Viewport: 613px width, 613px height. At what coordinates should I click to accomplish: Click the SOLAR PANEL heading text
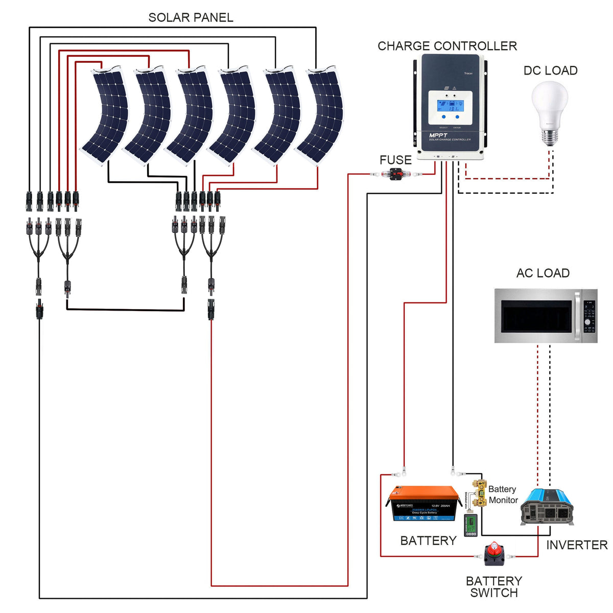pyautogui.click(x=191, y=17)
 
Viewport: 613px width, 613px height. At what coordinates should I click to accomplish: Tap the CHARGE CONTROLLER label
pyautogui.click(x=447, y=46)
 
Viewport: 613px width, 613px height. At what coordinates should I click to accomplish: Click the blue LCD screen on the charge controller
pyautogui.click(x=450, y=106)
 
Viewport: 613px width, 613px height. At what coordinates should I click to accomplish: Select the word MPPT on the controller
pyautogui.click(x=438, y=135)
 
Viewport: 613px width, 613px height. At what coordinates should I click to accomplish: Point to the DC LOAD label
pyautogui.click(x=550, y=70)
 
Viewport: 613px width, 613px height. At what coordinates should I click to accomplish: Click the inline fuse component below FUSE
pyautogui.click(x=396, y=175)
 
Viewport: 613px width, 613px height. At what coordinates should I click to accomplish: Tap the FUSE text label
pyautogui.click(x=395, y=160)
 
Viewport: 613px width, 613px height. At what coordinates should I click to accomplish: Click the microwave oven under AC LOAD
pyautogui.click(x=546, y=316)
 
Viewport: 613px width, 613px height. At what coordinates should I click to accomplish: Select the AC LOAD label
pyautogui.click(x=543, y=273)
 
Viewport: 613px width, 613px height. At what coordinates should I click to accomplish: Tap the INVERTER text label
pyautogui.click(x=577, y=545)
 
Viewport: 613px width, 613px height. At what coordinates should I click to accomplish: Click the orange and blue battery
pyautogui.click(x=424, y=504)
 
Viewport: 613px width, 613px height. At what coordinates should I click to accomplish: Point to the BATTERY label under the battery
pyautogui.click(x=428, y=540)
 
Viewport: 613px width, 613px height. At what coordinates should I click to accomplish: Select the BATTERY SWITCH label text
pyautogui.click(x=493, y=587)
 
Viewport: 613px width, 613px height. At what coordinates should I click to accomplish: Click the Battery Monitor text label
pyautogui.click(x=503, y=494)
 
